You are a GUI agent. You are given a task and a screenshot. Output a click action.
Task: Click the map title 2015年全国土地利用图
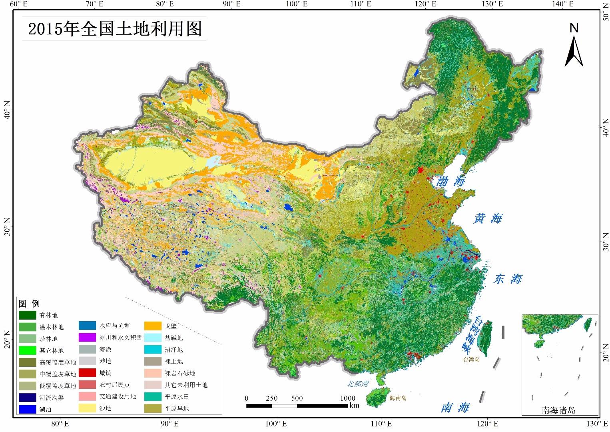[115, 29]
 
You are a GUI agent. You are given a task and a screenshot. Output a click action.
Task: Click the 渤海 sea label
[451, 182]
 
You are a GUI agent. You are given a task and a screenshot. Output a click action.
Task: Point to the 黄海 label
[487, 219]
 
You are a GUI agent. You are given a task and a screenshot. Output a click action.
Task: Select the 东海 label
[508, 279]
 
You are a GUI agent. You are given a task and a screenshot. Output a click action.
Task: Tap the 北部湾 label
[357, 384]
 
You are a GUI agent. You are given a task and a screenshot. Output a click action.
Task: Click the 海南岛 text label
[400, 398]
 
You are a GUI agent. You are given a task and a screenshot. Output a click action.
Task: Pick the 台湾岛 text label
[471, 360]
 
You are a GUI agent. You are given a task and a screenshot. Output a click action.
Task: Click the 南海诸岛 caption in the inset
[558, 410]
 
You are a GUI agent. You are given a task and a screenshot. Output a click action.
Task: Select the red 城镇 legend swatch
[87, 373]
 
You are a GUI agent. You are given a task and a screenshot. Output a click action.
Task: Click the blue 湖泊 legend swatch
[27, 409]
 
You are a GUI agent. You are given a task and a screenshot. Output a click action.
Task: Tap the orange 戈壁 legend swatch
[153, 326]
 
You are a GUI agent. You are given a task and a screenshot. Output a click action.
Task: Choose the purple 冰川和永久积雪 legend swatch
[87, 338]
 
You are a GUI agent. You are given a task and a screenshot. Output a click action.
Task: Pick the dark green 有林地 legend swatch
[27, 315]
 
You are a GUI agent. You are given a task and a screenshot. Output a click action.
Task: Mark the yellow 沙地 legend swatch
[87, 408]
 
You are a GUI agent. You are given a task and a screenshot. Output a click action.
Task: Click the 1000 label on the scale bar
[347, 398]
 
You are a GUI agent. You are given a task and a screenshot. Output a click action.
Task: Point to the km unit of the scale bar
[354, 405]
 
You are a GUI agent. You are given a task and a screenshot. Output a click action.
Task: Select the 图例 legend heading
[30, 304]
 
